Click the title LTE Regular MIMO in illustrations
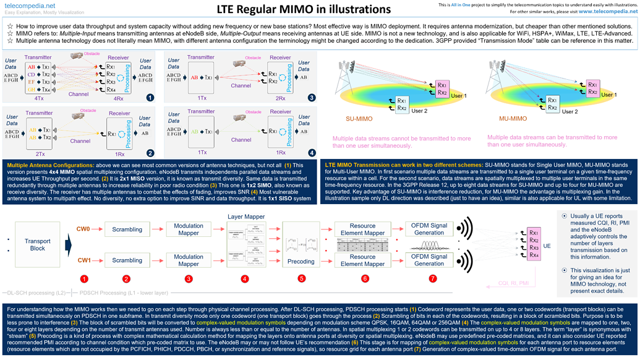(304, 9)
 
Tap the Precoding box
(301, 261)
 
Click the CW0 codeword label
(83, 229)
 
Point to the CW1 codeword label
(83, 260)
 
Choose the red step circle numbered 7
(432, 279)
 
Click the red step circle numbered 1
(84, 279)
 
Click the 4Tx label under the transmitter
(39, 97)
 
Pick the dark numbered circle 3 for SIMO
(311, 97)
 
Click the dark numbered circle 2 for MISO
(150, 152)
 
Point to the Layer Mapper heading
(246, 216)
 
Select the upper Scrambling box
(127, 229)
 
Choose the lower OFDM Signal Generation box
(429, 260)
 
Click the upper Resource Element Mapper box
(362, 229)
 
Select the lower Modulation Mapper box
(189, 260)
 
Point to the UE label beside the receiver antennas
(547, 246)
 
